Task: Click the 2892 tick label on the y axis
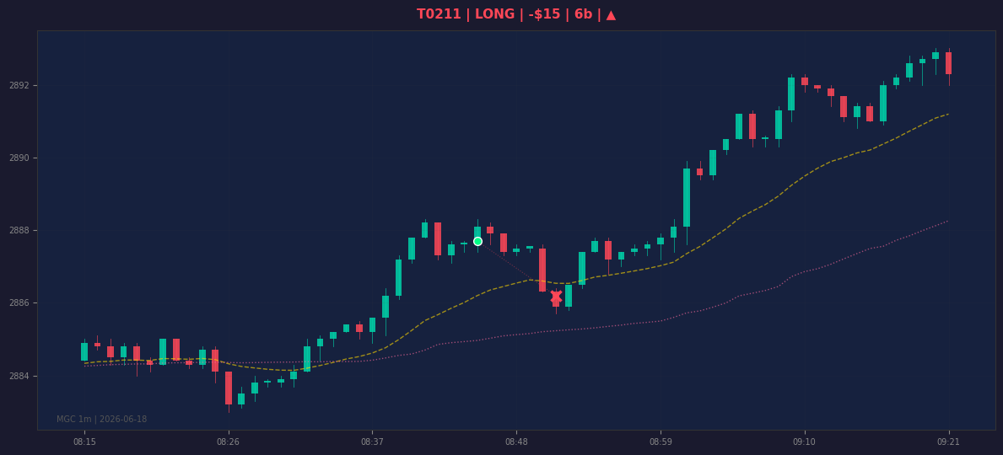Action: click(x=19, y=86)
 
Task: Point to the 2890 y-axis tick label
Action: click(x=19, y=158)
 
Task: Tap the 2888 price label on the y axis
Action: click(x=19, y=231)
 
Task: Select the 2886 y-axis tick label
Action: click(x=19, y=302)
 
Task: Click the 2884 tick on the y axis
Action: click(x=19, y=376)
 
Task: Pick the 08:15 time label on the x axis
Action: click(x=84, y=442)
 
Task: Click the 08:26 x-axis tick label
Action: click(x=229, y=442)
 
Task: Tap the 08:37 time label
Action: click(x=372, y=442)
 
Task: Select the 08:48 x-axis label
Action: click(x=516, y=442)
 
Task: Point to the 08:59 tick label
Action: click(x=661, y=442)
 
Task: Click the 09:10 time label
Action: click(x=804, y=442)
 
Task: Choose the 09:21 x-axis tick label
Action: click(x=948, y=442)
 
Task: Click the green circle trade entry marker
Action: click(x=477, y=242)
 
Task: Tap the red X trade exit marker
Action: click(x=556, y=297)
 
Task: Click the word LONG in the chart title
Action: click(x=494, y=14)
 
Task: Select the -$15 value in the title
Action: click(x=544, y=14)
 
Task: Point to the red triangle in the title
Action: click(x=611, y=14)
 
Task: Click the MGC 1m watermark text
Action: click(x=102, y=420)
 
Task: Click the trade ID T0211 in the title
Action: click(x=439, y=14)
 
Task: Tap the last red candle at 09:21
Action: click(x=949, y=63)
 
